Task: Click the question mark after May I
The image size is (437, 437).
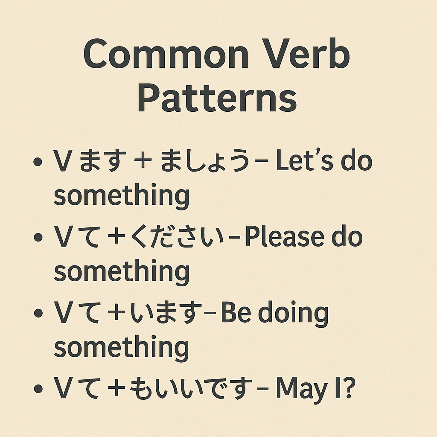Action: click(349, 389)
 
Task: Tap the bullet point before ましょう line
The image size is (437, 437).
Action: click(38, 163)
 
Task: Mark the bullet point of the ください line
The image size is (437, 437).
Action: click(38, 238)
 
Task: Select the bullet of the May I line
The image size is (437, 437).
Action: click(38, 390)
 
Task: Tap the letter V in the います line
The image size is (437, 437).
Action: click(63, 314)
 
